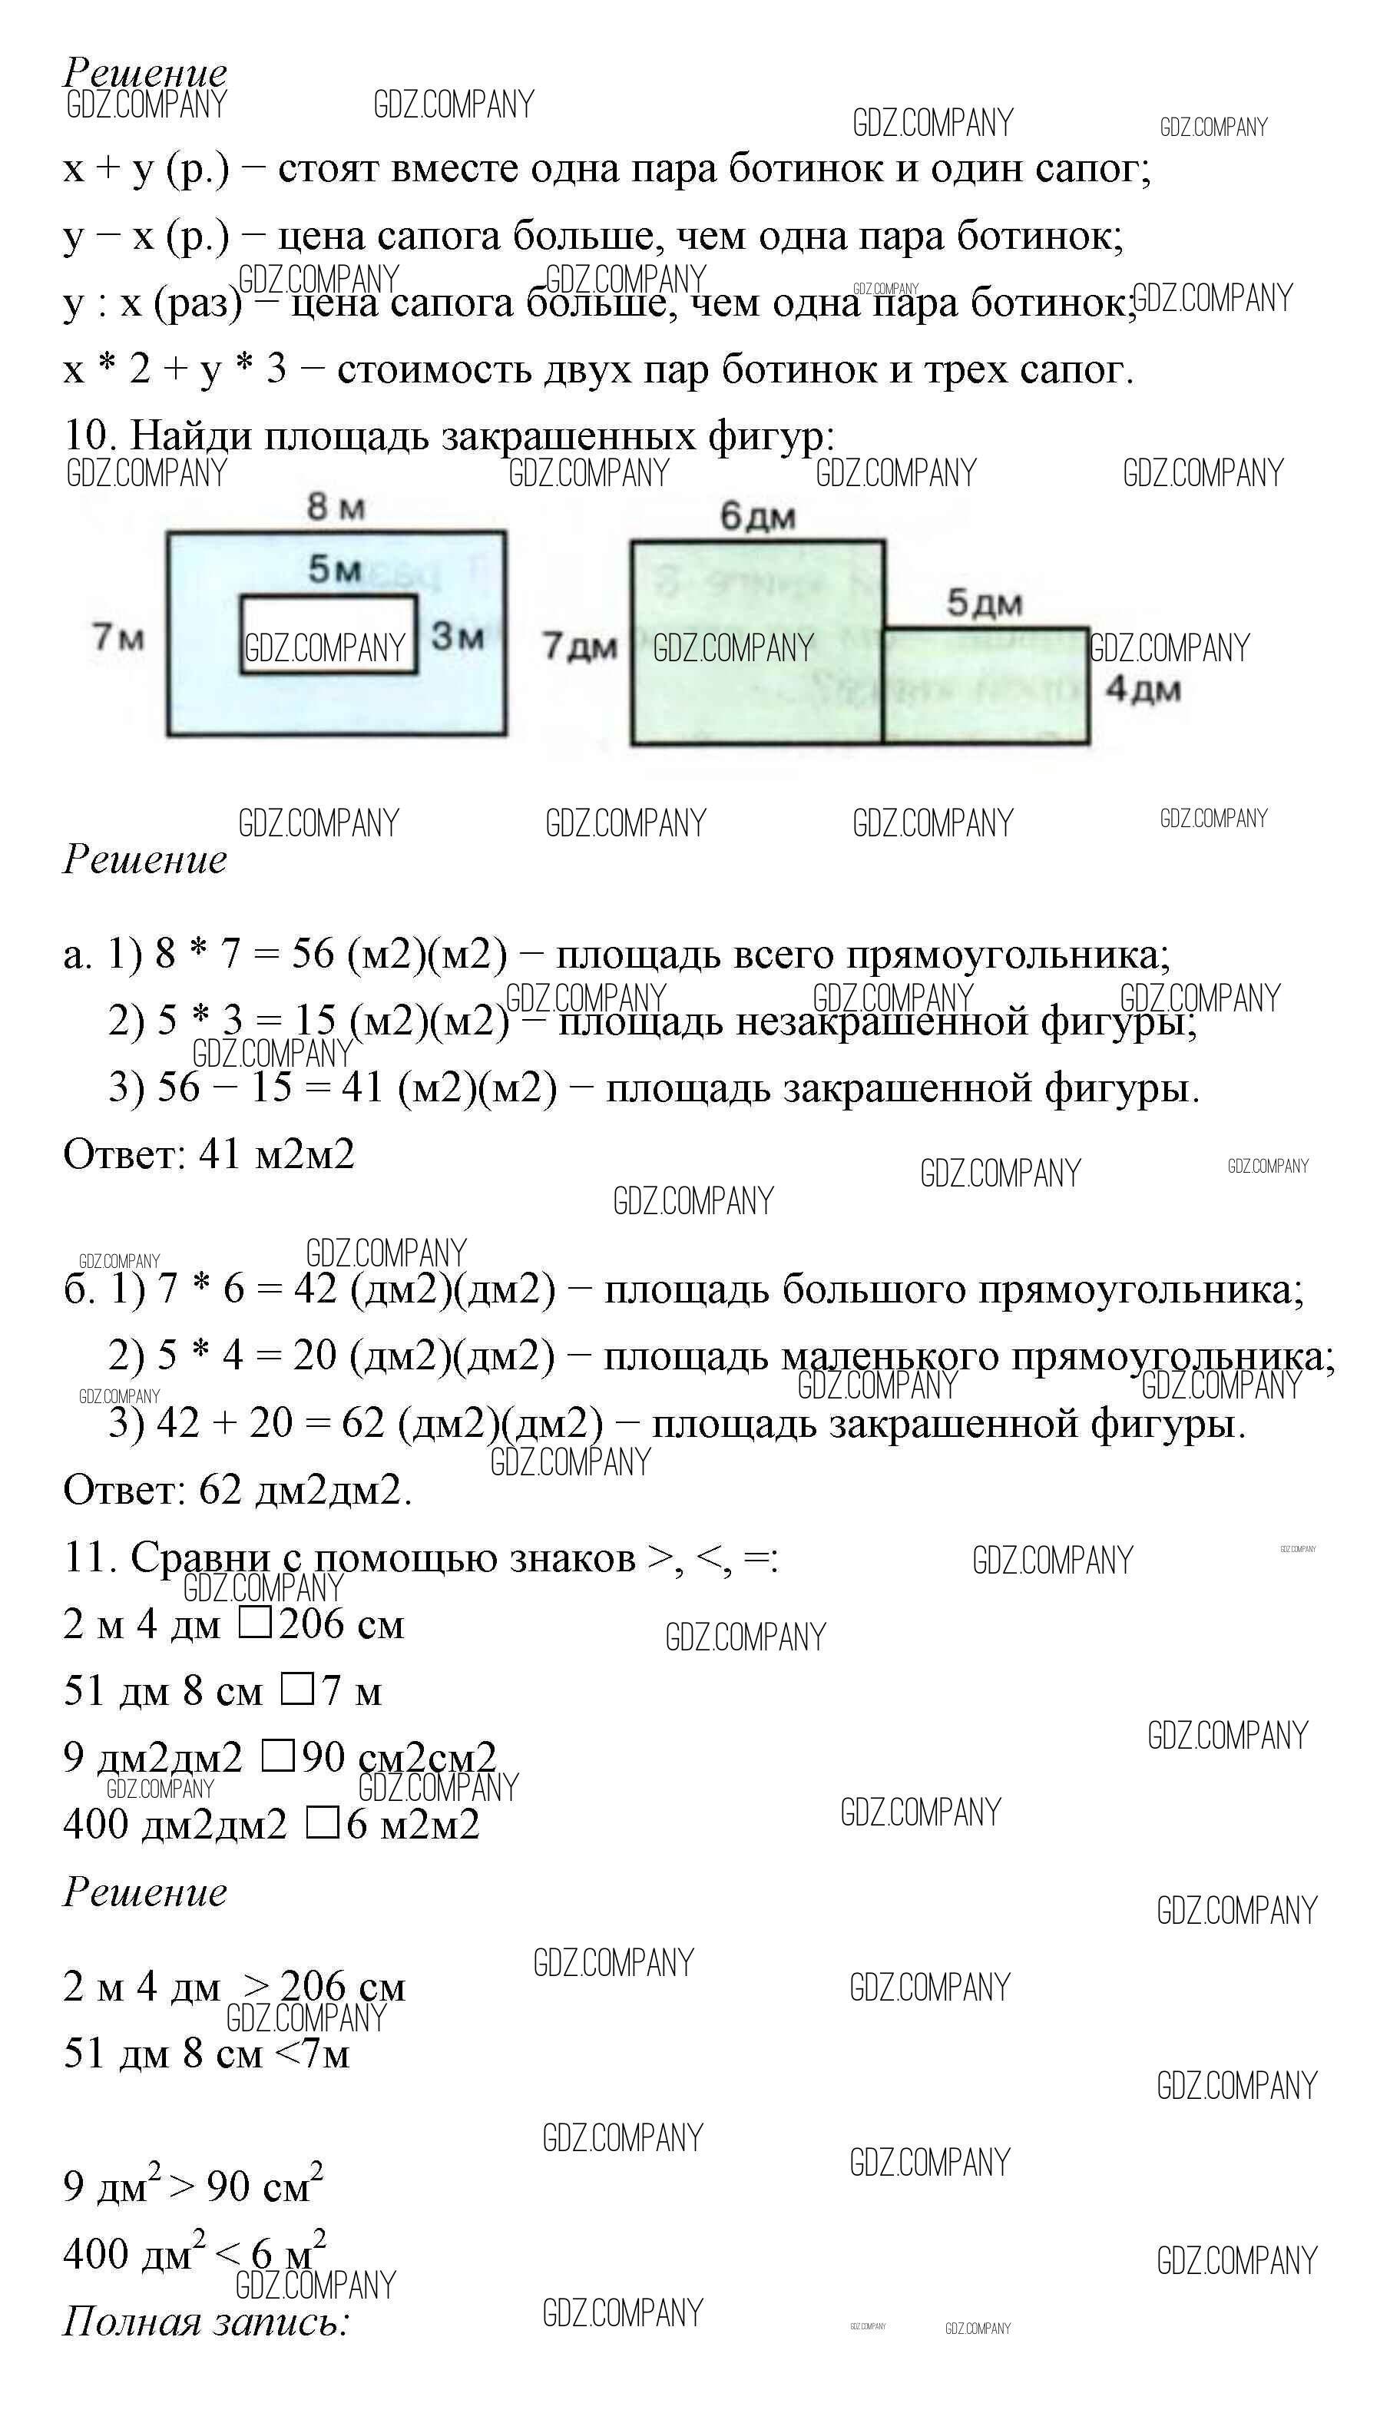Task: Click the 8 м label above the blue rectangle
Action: click(335, 506)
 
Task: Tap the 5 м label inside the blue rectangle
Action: click(334, 569)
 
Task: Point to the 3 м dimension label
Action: click(456, 636)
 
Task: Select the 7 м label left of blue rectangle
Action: click(117, 636)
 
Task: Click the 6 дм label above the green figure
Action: click(757, 517)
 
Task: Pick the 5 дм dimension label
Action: click(983, 604)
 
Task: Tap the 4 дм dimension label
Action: click(1142, 690)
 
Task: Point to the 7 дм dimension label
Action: click(580, 647)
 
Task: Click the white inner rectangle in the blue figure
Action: click(329, 635)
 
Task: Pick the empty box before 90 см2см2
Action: click(277, 1756)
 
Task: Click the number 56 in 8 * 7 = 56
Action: click(313, 954)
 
